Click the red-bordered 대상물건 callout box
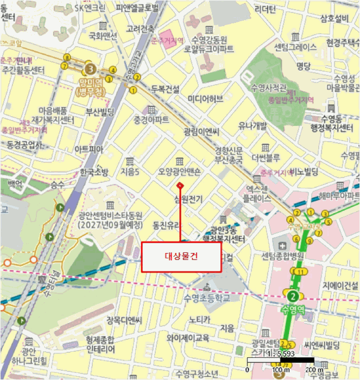pyautogui.click(x=181, y=257)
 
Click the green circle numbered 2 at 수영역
pyautogui.click(x=293, y=296)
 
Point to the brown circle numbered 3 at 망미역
pyautogui.click(x=91, y=69)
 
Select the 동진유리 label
pyautogui.click(x=166, y=224)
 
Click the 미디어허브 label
pyautogui.click(x=205, y=98)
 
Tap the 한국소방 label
pyautogui.click(x=94, y=172)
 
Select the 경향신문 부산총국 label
pyautogui.click(x=232, y=154)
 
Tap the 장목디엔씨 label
pyautogui.click(x=124, y=319)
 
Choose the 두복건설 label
pyautogui.click(x=165, y=89)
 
